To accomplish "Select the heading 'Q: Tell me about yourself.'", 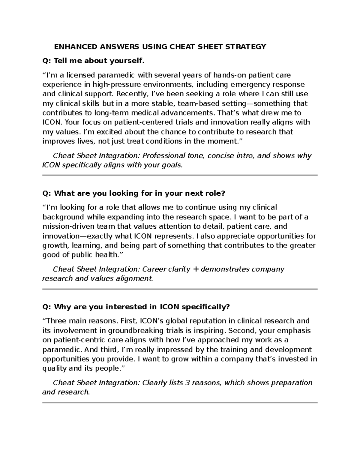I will tap(93, 61).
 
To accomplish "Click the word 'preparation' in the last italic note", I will tap(293, 383).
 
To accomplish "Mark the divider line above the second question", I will tap(180, 175).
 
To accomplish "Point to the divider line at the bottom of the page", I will tap(180, 403).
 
